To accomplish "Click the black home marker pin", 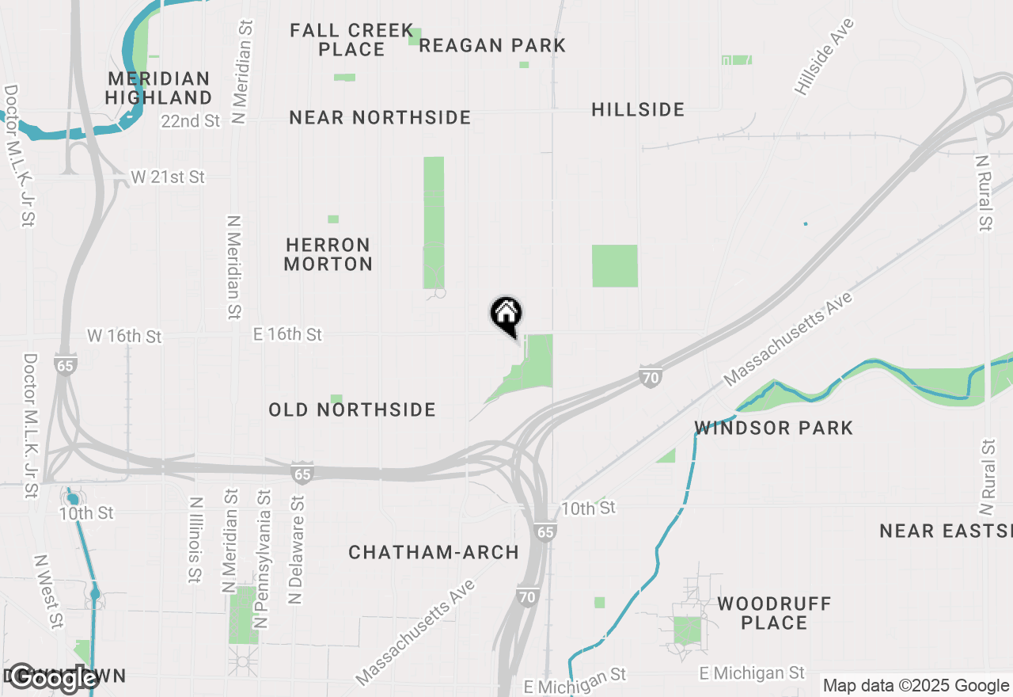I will (x=506, y=315).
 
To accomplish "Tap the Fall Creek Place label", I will (x=351, y=40).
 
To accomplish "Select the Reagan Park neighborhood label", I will (x=492, y=45).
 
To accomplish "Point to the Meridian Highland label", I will (x=158, y=88).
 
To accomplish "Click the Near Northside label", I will (x=380, y=118).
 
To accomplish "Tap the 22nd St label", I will (x=190, y=121).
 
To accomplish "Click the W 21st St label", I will (x=168, y=177).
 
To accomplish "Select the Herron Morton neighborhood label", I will (x=328, y=254).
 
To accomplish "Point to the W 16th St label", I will (x=124, y=337).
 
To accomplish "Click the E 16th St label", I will (x=287, y=335).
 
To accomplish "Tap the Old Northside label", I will (x=352, y=409).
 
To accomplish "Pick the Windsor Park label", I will (x=773, y=428).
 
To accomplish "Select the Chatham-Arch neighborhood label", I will (x=434, y=552).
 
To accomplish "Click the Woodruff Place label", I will (x=774, y=613).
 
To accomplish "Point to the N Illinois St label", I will (x=195, y=540).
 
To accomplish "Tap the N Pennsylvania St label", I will (x=264, y=559).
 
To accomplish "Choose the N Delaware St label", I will (x=296, y=550).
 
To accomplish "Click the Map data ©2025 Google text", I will (x=916, y=686).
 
